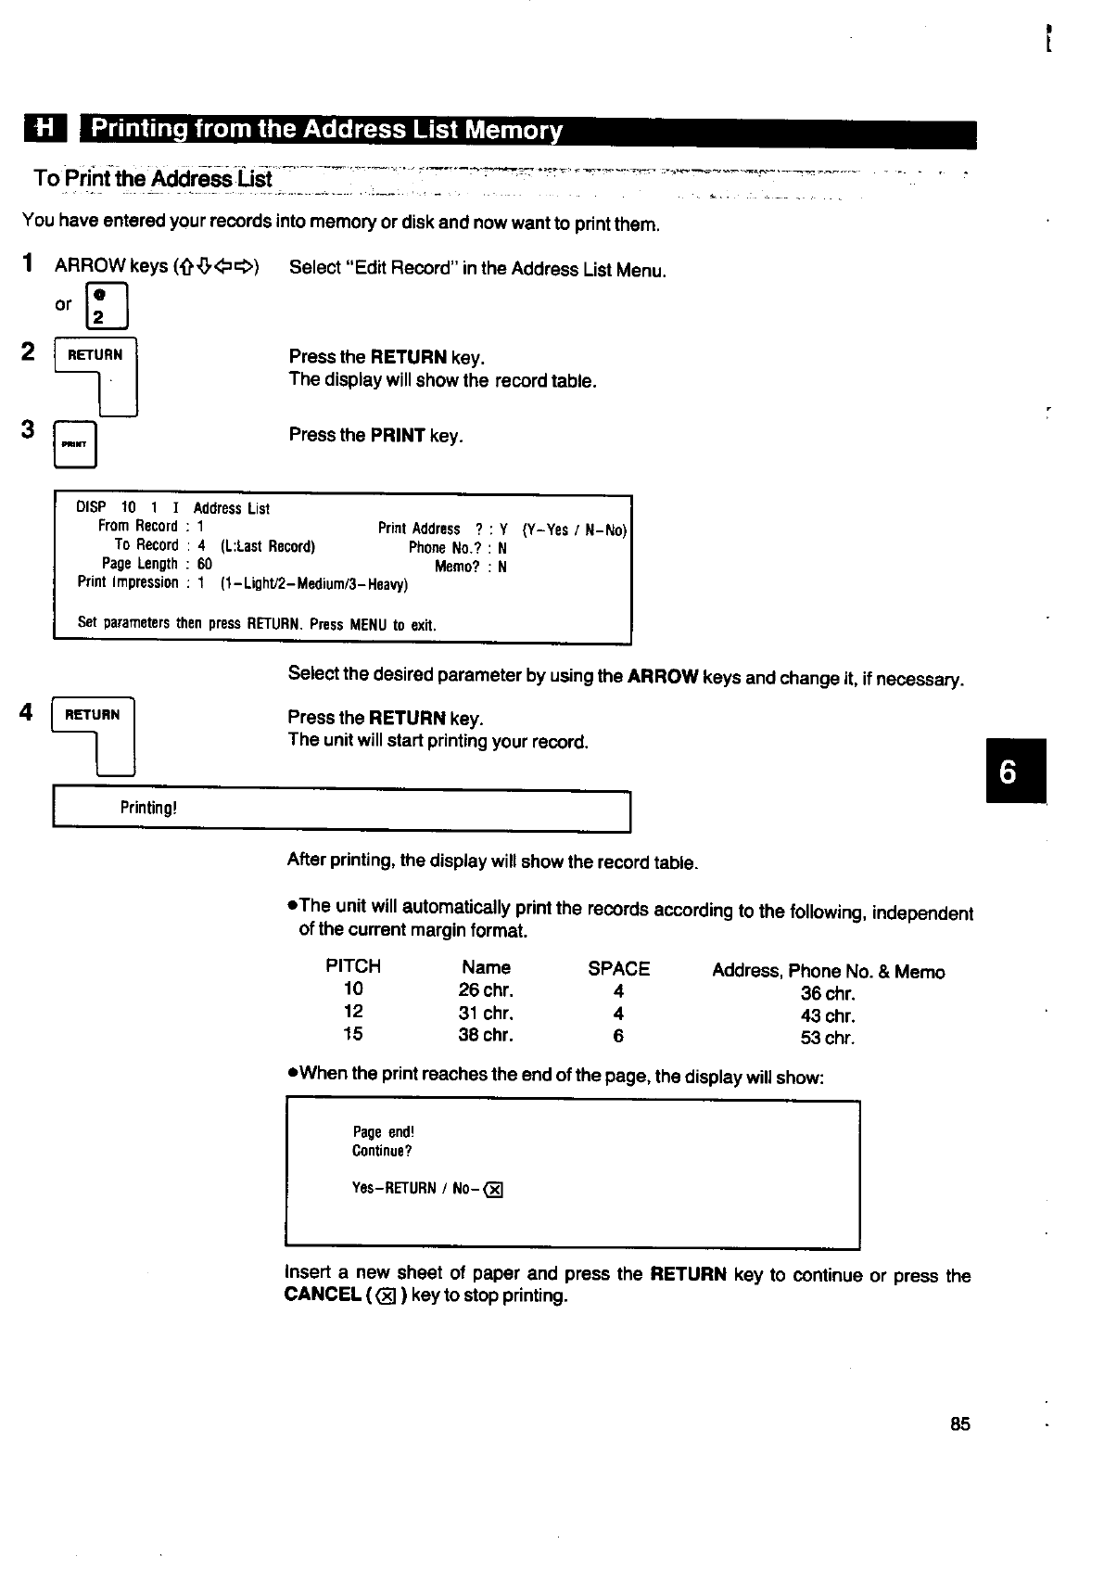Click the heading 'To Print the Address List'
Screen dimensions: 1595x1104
click(153, 178)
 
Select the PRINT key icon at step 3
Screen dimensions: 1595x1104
click(75, 444)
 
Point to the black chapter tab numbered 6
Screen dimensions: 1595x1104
click(1016, 771)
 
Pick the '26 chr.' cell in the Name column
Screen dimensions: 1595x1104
click(486, 990)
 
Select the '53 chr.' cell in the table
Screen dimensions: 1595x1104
click(828, 1038)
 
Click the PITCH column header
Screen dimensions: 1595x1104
click(353, 966)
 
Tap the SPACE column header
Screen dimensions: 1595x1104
click(618, 969)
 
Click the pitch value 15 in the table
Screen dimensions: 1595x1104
click(353, 1034)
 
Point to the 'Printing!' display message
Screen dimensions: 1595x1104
click(148, 808)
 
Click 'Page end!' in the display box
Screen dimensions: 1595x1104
click(384, 1132)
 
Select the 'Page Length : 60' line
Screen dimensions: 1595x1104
click(157, 564)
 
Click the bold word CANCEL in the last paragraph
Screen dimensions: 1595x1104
click(322, 1295)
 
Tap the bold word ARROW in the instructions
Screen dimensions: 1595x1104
click(662, 677)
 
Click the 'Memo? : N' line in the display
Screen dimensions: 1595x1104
click(470, 567)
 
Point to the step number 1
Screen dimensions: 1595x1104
click(29, 263)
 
